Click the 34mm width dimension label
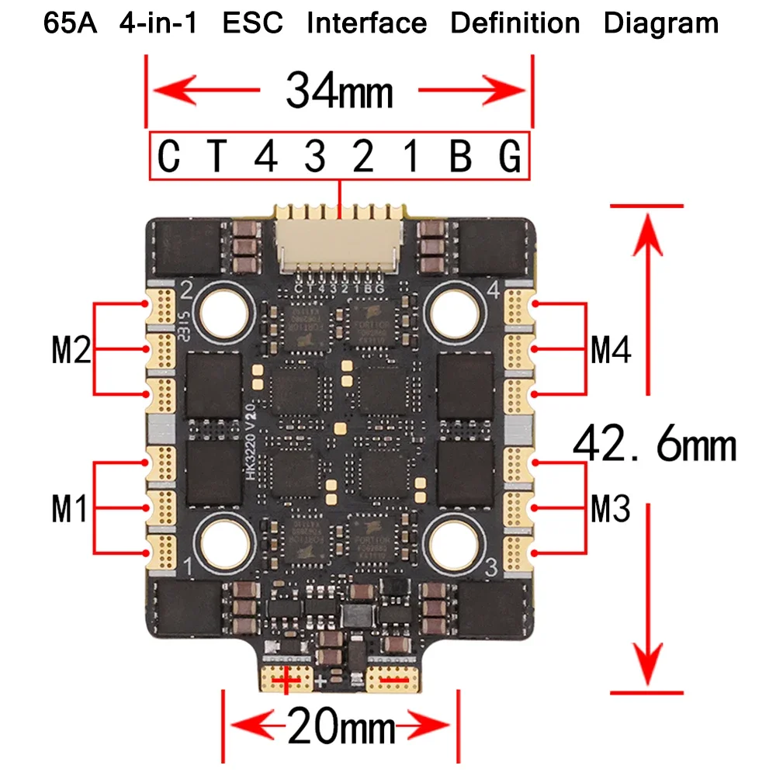tap(339, 92)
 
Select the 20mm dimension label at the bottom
tap(341, 729)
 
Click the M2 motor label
tap(71, 352)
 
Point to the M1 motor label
tap(71, 509)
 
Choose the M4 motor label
tap(611, 352)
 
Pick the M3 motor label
tap(611, 510)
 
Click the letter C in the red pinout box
tap(169, 158)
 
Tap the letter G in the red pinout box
tap(509, 158)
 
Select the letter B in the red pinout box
tap(461, 158)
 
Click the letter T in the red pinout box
tap(218, 158)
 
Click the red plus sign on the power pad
tap(287, 681)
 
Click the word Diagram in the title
tap(660, 23)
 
